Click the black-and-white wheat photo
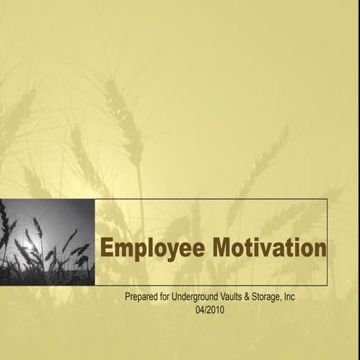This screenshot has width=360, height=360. pos(47,241)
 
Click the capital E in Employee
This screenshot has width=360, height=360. pos(107,248)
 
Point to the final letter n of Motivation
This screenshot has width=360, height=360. pos(320,249)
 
